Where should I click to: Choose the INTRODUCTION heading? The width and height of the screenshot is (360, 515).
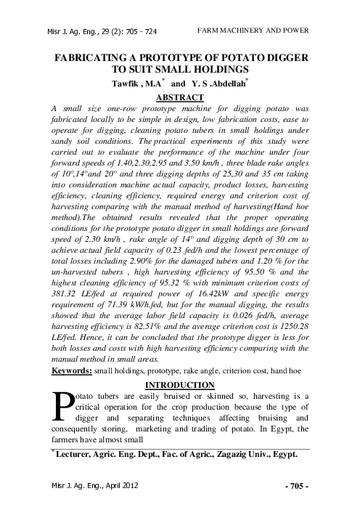(179, 384)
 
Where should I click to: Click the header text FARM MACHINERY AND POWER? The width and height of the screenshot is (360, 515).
(253, 30)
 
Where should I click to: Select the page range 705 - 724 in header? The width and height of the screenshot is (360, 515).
(138, 31)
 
